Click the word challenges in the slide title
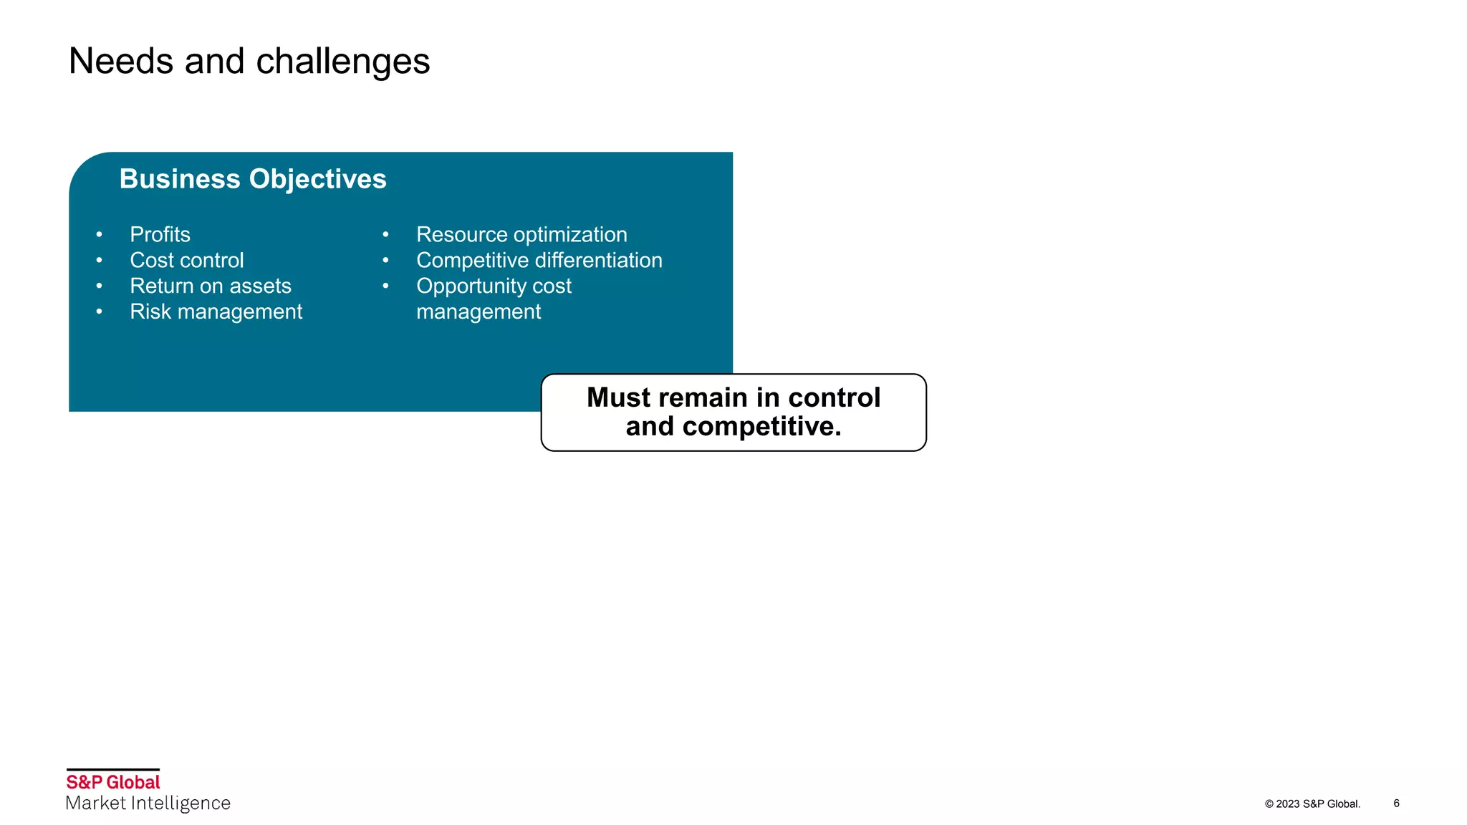[x=342, y=62]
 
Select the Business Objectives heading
[x=253, y=179]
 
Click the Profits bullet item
[x=160, y=235]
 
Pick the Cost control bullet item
[x=186, y=261]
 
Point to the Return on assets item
[x=211, y=286]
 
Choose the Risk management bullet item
[x=216, y=312]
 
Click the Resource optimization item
[x=521, y=235]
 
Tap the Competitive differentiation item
[x=539, y=261]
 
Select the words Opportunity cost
[x=494, y=286]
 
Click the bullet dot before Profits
[x=99, y=235]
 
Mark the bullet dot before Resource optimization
[x=385, y=235]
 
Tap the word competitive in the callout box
[x=761, y=427]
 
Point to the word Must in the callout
[x=618, y=398]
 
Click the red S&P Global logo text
[x=113, y=782]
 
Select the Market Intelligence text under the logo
[x=148, y=804]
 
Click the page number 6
[x=1396, y=804]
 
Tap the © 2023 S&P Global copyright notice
[x=1312, y=804]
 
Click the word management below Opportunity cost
[x=478, y=312]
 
